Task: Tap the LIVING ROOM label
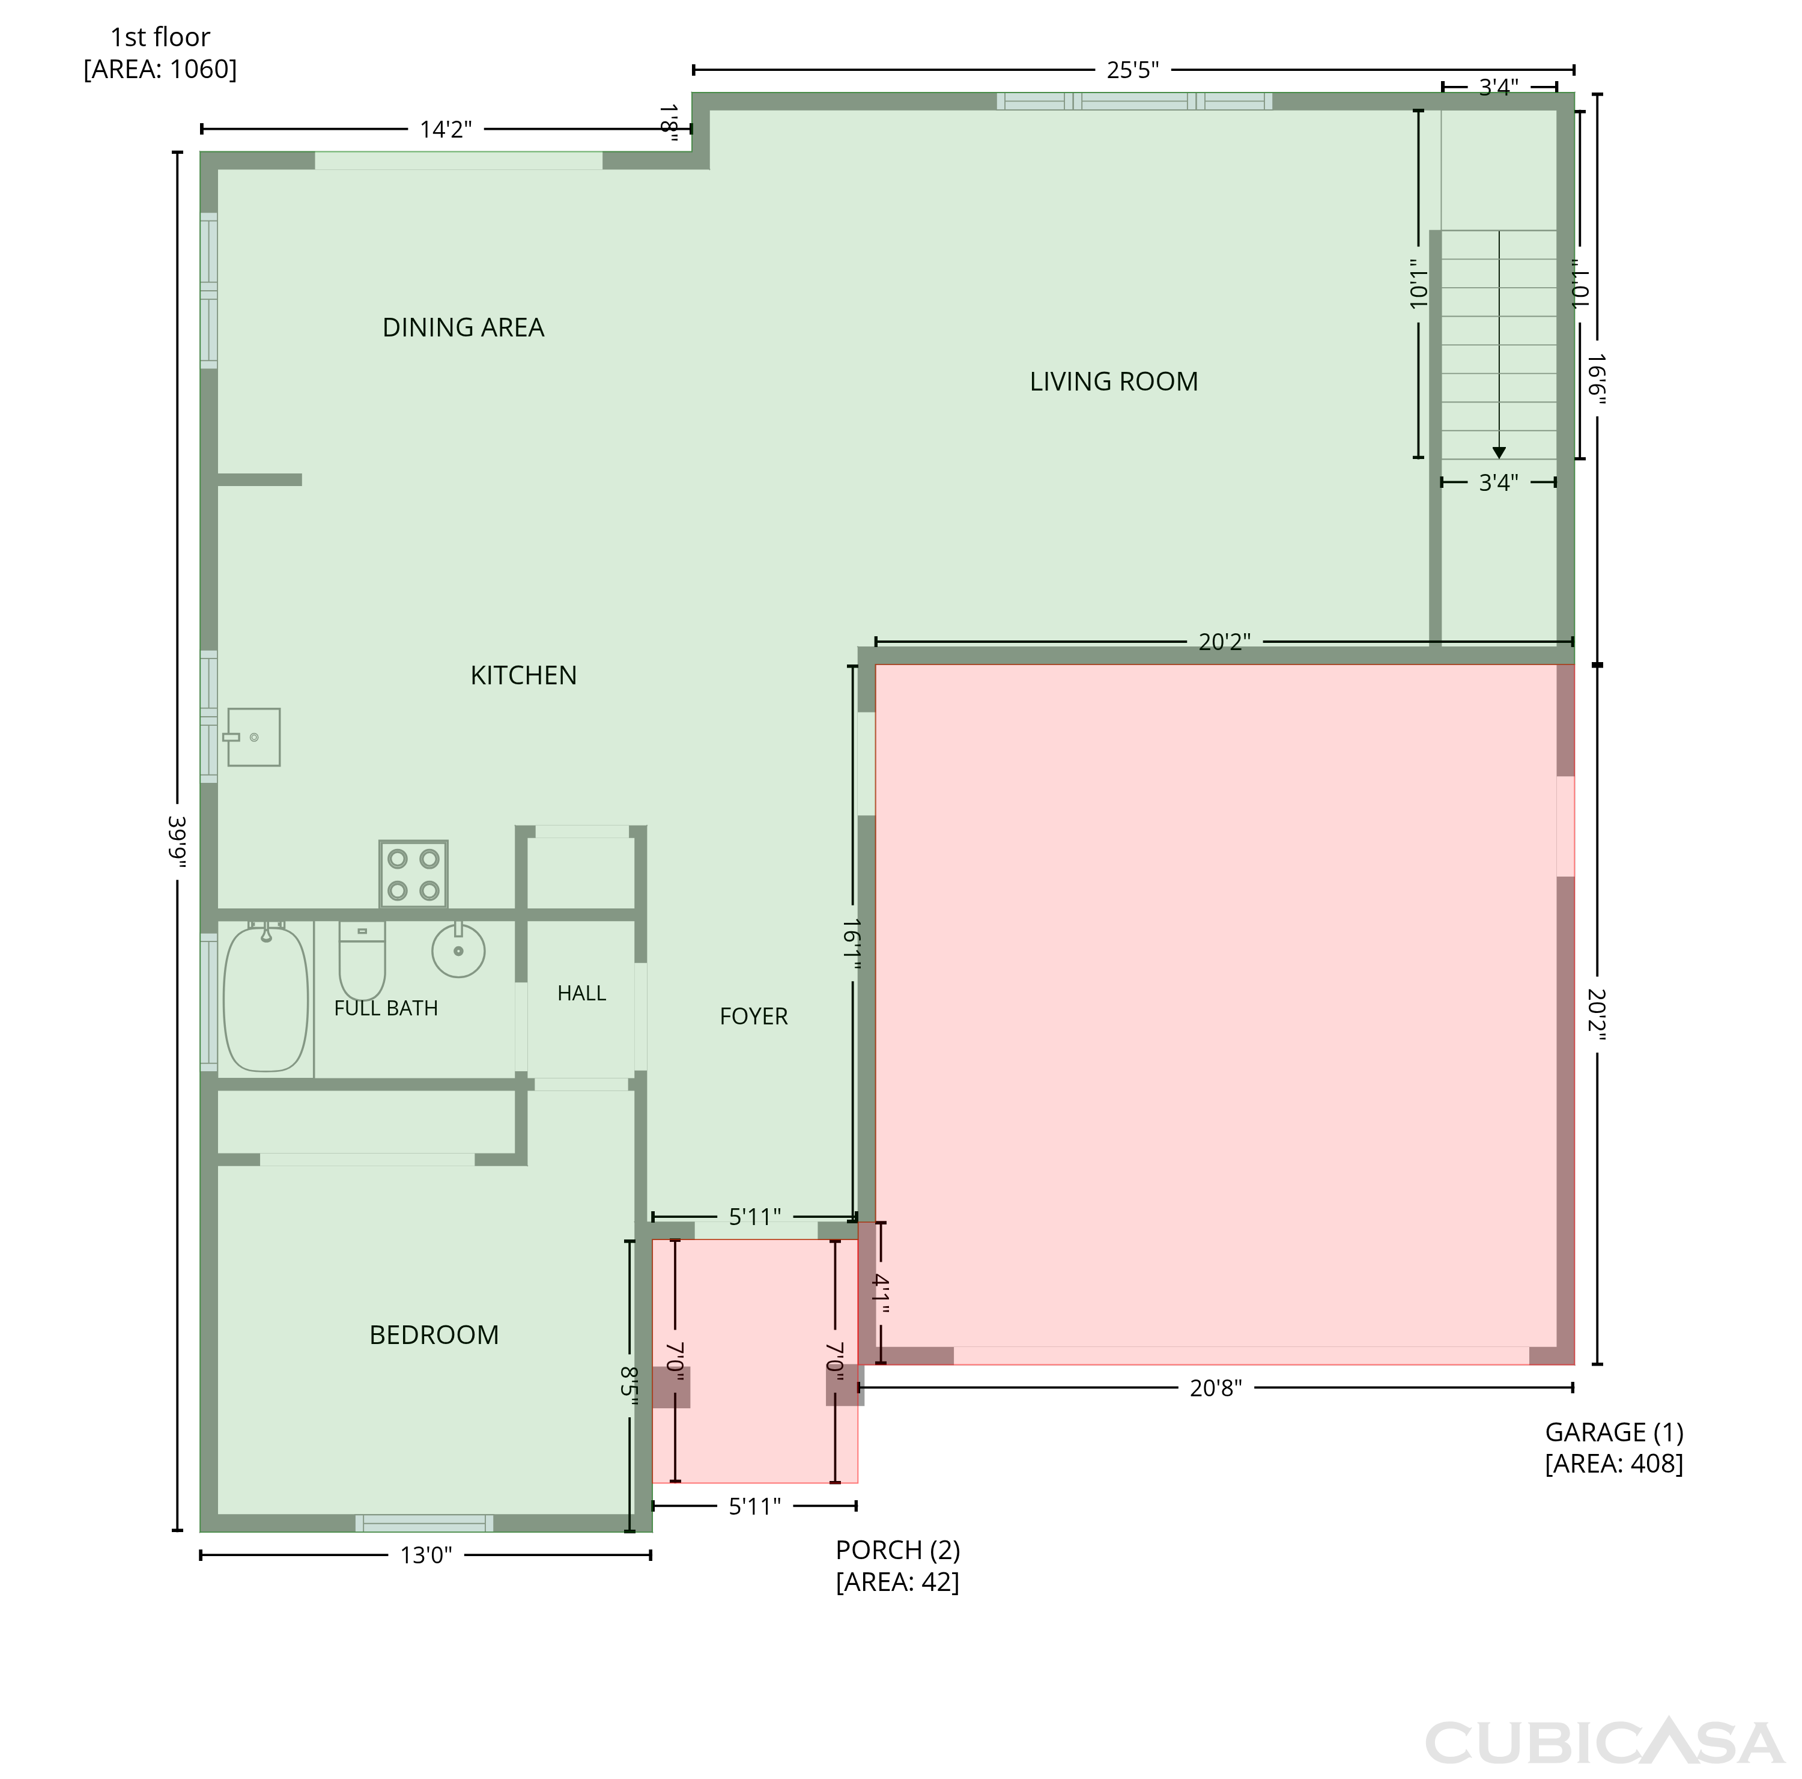(x=1114, y=382)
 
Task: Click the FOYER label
(x=754, y=1016)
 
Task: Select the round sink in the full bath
(x=458, y=950)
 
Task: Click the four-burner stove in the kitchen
(x=413, y=874)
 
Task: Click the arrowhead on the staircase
(x=1499, y=452)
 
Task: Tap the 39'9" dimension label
(x=176, y=842)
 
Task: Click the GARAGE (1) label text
(x=1613, y=1432)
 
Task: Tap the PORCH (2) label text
(x=897, y=1551)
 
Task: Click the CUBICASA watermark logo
(x=1604, y=1742)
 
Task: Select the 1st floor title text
(x=160, y=37)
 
